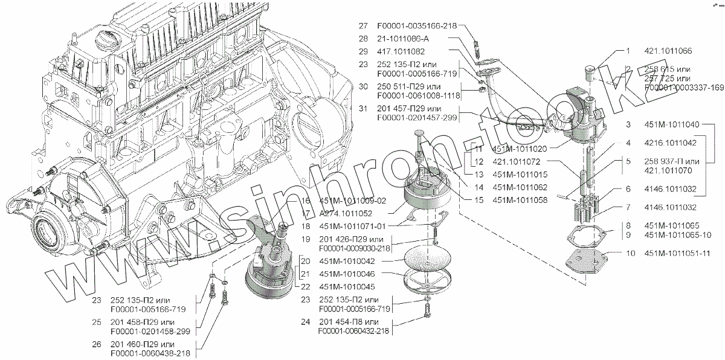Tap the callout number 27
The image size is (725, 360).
click(x=362, y=26)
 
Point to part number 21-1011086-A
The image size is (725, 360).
click(x=402, y=39)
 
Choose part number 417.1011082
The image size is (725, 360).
click(x=399, y=51)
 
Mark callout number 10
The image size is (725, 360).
click(x=630, y=254)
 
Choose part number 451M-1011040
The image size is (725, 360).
click(x=671, y=125)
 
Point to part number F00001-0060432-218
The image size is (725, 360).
click(x=354, y=331)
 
